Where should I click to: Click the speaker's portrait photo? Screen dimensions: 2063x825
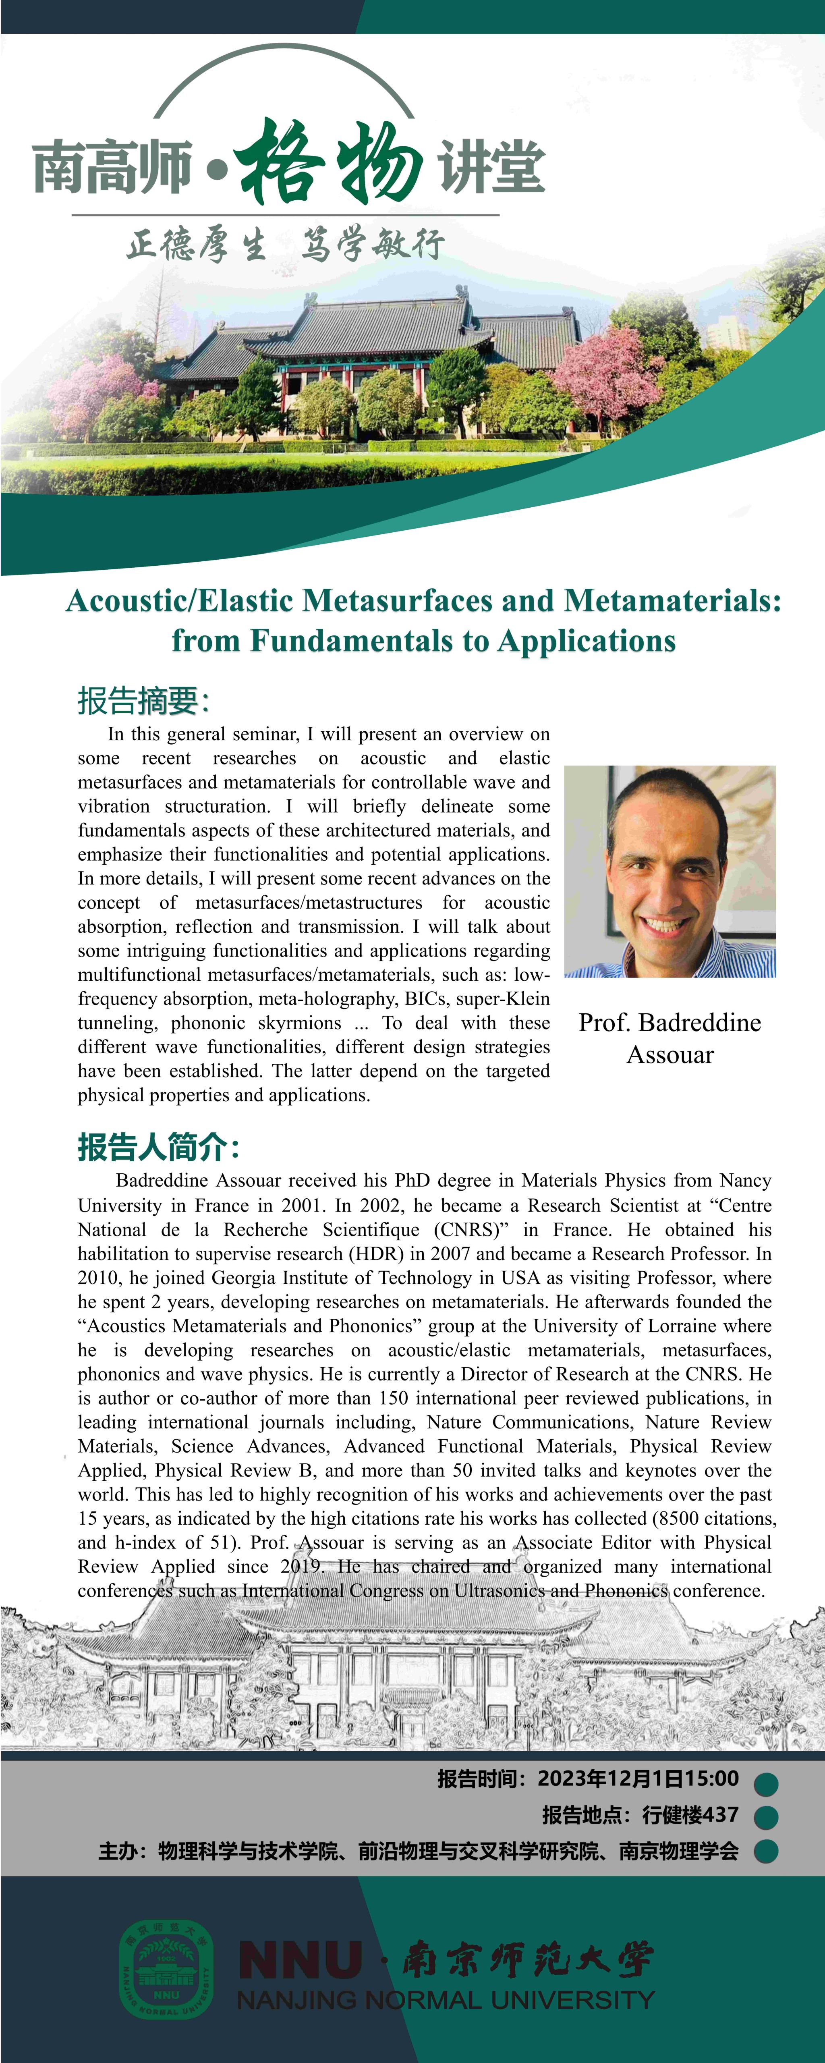coord(670,871)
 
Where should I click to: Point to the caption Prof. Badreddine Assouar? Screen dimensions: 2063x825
coord(670,1038)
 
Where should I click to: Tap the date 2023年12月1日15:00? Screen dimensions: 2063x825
coord(638,1779)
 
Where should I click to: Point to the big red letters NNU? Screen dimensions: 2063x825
coord(301,1959)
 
